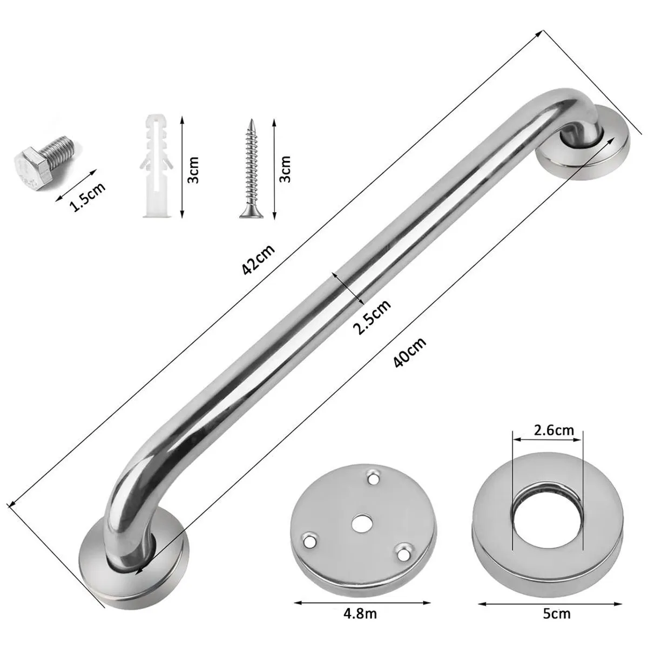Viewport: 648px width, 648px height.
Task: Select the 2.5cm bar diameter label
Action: tap(373, 317)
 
